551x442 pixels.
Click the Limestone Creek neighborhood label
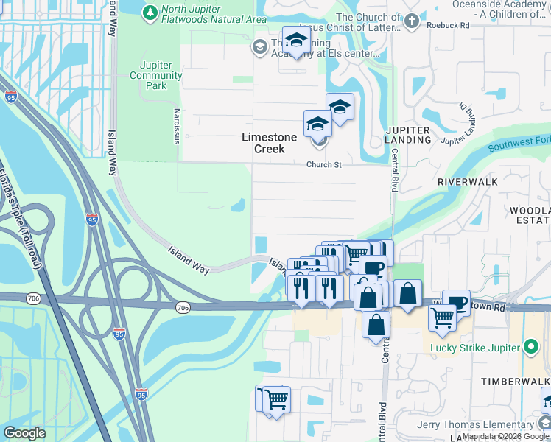(x=270, y=143)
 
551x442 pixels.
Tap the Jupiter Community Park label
(x=155, y=75)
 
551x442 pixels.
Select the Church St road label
(x=324, y=165)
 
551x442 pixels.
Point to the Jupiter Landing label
(x=407, y=135)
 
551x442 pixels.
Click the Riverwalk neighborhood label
(x=467, y=181)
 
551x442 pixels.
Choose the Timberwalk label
(x=515, y=382)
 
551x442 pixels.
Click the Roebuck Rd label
(x=448, y=25)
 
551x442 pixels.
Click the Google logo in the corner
(x=24, y=433)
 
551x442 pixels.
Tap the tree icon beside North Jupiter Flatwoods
(x=150, y=13)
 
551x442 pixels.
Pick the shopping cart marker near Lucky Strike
(x=442, y=318)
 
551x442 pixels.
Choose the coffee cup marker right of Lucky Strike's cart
(x=456, y=303)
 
